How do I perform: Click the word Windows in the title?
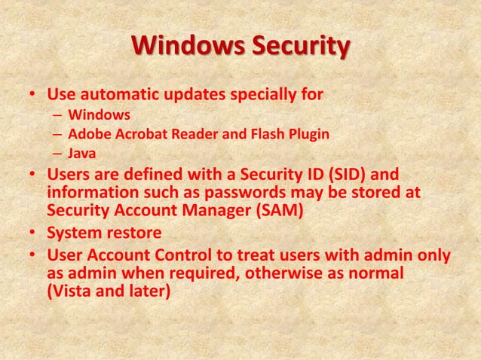click(180, 46)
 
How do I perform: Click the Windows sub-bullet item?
click(99, 115)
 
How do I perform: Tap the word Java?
click(81, 154)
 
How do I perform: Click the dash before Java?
click(57, 154)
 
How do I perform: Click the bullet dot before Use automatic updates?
click(32, 96)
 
